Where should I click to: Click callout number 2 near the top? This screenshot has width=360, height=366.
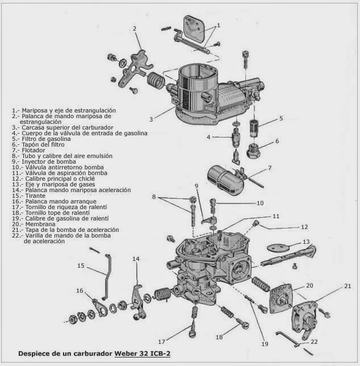point(135,28)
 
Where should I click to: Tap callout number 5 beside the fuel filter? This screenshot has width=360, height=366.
point(281,119)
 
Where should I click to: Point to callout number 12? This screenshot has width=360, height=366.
point(304,227)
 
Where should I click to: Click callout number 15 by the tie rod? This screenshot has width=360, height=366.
point(81,265)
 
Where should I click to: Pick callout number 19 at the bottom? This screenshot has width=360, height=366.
point(265,344)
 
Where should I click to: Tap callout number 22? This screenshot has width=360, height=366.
point(314,342)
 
